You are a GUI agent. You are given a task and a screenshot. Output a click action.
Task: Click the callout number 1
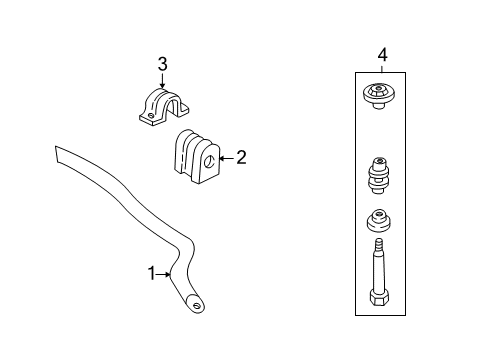tap(152, 272)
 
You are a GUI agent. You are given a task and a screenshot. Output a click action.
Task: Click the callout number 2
tap(240, 157)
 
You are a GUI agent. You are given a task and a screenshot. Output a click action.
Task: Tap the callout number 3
tap(163, 64)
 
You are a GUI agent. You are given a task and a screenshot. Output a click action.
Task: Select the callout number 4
tap(381, 54)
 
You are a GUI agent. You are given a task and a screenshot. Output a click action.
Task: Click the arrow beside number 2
tap(224, 157)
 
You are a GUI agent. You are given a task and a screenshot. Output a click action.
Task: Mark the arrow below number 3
tap(163, 82)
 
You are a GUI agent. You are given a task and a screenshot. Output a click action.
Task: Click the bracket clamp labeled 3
tap(165, 106)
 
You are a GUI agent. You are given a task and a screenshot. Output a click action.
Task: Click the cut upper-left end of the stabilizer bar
tap(59, 153)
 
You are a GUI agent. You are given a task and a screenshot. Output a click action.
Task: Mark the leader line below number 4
tap(381, 65)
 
